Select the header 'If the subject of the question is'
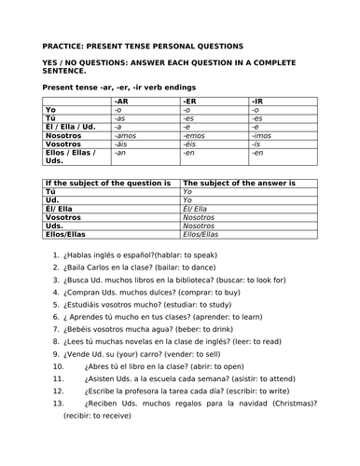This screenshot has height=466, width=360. pyautogui.click(x=107, y=183)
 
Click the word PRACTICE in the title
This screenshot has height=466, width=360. pyautogui.click(x=65, y=45)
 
